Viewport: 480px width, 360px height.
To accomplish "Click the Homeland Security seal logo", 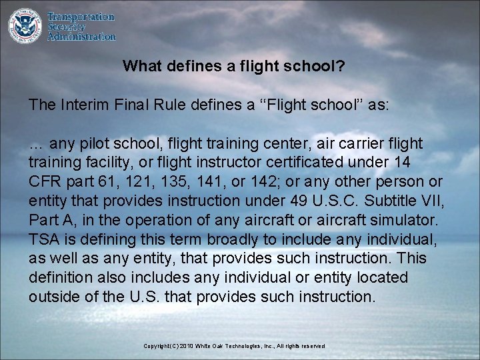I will (25, 25).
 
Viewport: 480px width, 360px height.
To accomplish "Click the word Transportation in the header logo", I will (81, 17).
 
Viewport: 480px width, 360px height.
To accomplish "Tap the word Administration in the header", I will (81, 37).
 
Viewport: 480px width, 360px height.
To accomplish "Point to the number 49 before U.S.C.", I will (281, 201).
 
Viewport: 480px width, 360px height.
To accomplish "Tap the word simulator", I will (403, 220).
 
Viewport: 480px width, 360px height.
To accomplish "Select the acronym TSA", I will (42, 239).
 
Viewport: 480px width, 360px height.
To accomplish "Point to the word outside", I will (52, 297).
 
